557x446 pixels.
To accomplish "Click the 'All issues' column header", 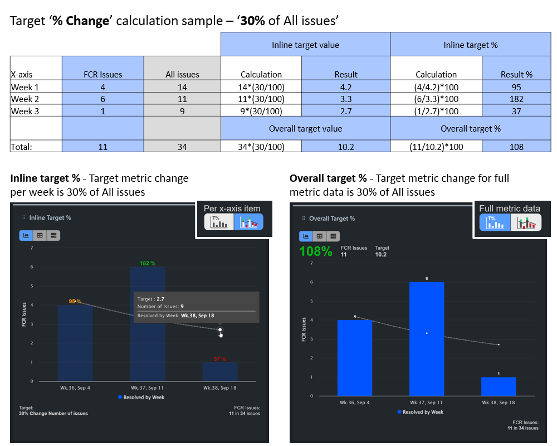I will (x=182, y=74).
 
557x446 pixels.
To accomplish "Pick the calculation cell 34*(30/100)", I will (x=261, y=147).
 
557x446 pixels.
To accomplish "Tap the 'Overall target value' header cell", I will (x=305, y=128).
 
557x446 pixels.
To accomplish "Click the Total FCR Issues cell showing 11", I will (x=102, y=147).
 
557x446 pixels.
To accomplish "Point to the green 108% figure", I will (x=316, y=251).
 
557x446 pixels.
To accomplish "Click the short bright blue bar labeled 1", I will (x=499, y=386).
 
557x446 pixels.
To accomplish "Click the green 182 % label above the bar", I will (x=147, y=263).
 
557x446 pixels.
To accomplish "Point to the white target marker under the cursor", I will (x=220, y=330).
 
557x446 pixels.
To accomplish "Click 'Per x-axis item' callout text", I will (x=232, y=208).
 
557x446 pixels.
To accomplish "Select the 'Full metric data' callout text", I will (x=509, y=209).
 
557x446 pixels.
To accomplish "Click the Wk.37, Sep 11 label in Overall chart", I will (x=426, y=402).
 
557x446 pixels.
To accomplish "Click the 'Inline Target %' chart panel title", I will (x=50, y=217).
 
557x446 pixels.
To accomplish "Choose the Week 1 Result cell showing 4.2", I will (x=345, y=87).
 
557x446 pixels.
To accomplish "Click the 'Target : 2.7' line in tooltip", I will (x=151, y=299).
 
